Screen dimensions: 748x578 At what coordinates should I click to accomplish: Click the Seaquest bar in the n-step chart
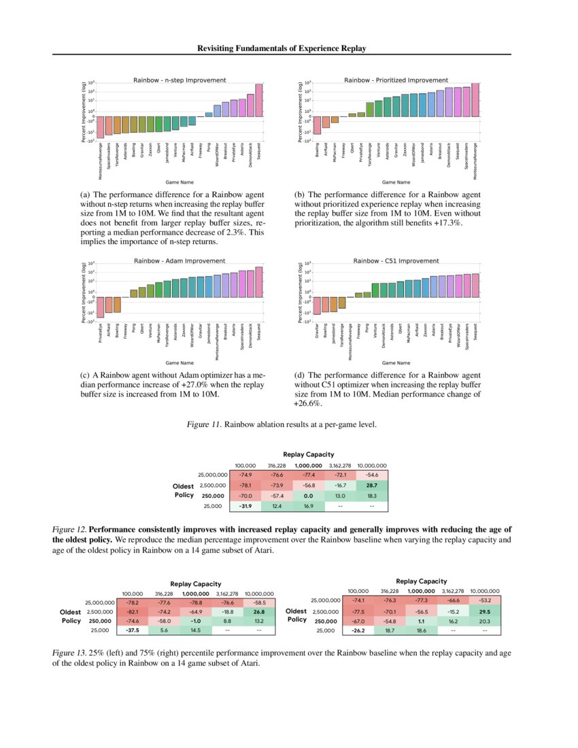[258, 100]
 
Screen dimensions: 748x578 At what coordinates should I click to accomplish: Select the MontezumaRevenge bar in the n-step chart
[100, 126]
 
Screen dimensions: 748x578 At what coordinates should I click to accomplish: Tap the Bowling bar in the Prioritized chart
[317, 124]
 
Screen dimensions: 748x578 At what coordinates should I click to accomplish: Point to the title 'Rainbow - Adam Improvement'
[180, 260]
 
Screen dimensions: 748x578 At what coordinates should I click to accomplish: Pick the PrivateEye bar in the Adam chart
[100, 307]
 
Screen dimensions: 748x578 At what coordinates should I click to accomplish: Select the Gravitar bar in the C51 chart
[317, 305]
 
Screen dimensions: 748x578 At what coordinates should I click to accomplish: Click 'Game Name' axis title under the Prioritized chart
[396, 182]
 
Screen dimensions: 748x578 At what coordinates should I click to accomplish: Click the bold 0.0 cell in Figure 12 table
[307, 496]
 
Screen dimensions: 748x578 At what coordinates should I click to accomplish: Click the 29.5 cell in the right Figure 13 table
[484, 611]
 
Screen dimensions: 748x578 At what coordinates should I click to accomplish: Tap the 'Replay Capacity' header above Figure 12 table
[309, 454]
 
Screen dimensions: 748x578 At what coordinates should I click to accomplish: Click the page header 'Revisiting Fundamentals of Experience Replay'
[282, 48]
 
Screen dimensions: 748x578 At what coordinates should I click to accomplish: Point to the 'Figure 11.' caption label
[205, 425]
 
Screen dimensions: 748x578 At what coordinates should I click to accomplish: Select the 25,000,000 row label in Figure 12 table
[211, 475]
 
